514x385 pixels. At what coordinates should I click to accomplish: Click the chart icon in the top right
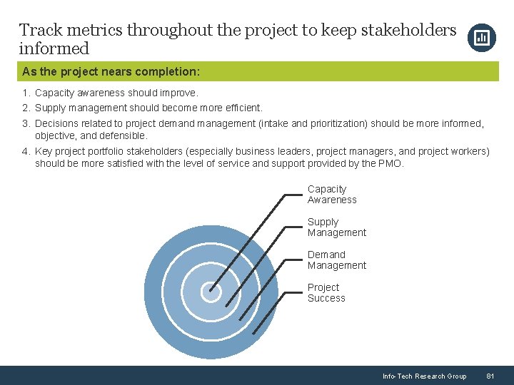click(x=481, y=38)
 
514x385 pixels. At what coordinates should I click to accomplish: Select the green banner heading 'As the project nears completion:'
click(x=111, y=71)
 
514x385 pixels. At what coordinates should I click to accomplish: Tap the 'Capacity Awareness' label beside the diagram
click(x=331, y=195)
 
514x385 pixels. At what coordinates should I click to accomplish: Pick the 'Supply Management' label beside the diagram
click(x=336, y=227)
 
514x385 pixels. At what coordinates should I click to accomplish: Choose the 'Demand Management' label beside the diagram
click(x=336, y=260)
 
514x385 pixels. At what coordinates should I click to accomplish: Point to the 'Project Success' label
click(x=326, y=293)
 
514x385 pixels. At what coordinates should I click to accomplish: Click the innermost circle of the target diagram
click(x=210, y=291)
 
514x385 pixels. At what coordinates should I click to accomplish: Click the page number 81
click(x=490, y=376)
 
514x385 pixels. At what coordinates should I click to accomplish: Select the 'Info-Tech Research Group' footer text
click(x=424, y=376)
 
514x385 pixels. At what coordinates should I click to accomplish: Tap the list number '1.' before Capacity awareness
click(x=26, y=93)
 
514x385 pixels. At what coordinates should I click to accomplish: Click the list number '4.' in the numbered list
click(x=26, y=151)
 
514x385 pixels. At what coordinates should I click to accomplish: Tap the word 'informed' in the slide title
click(x=54, y=49)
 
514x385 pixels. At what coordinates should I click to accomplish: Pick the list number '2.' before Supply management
click(x=26, y=108)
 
